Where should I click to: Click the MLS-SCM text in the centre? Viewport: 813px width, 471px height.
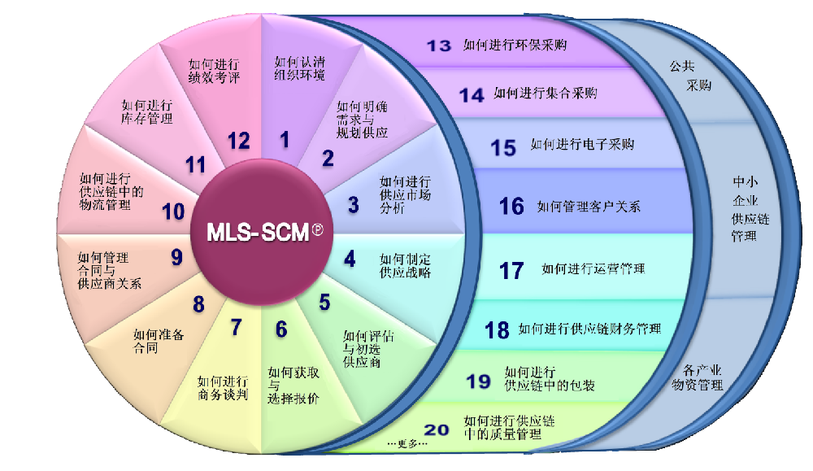[x=258, y=233]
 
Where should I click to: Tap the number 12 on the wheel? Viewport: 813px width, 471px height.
[x=238, y=141]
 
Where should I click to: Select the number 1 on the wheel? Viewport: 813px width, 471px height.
[x=285, y=140]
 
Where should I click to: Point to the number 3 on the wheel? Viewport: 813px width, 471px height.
[x=353, y=204]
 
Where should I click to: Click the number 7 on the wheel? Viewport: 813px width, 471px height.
[x=236, y=327]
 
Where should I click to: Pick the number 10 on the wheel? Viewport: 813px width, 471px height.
[x=173, y=212]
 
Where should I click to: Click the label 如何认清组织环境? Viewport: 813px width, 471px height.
[x=300, y=68]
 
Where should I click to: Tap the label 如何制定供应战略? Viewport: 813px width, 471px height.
[x=405, y=265]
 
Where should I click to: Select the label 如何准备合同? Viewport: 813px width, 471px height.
[x=159, y=342]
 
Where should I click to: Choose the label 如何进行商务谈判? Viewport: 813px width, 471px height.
[x=223, y=388]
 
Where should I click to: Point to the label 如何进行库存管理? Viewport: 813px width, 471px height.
[x=146, y=111]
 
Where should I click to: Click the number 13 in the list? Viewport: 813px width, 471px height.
[x=439, y=46]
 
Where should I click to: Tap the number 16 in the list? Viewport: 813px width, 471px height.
[x=511, y=206]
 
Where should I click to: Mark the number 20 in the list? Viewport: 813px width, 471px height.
[x=436, y=430]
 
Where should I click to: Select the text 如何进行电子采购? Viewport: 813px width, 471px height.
[x=582, y=144]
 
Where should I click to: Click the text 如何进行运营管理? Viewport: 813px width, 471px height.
[x=593, y=268]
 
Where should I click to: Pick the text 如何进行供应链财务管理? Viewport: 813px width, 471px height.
[x=589, y=329]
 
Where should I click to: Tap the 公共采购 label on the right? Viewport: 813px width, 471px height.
[x=690, y=76]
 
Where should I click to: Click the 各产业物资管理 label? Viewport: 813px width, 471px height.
[x=698, y=377]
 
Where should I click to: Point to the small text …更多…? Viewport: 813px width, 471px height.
[x=407, y=443]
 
